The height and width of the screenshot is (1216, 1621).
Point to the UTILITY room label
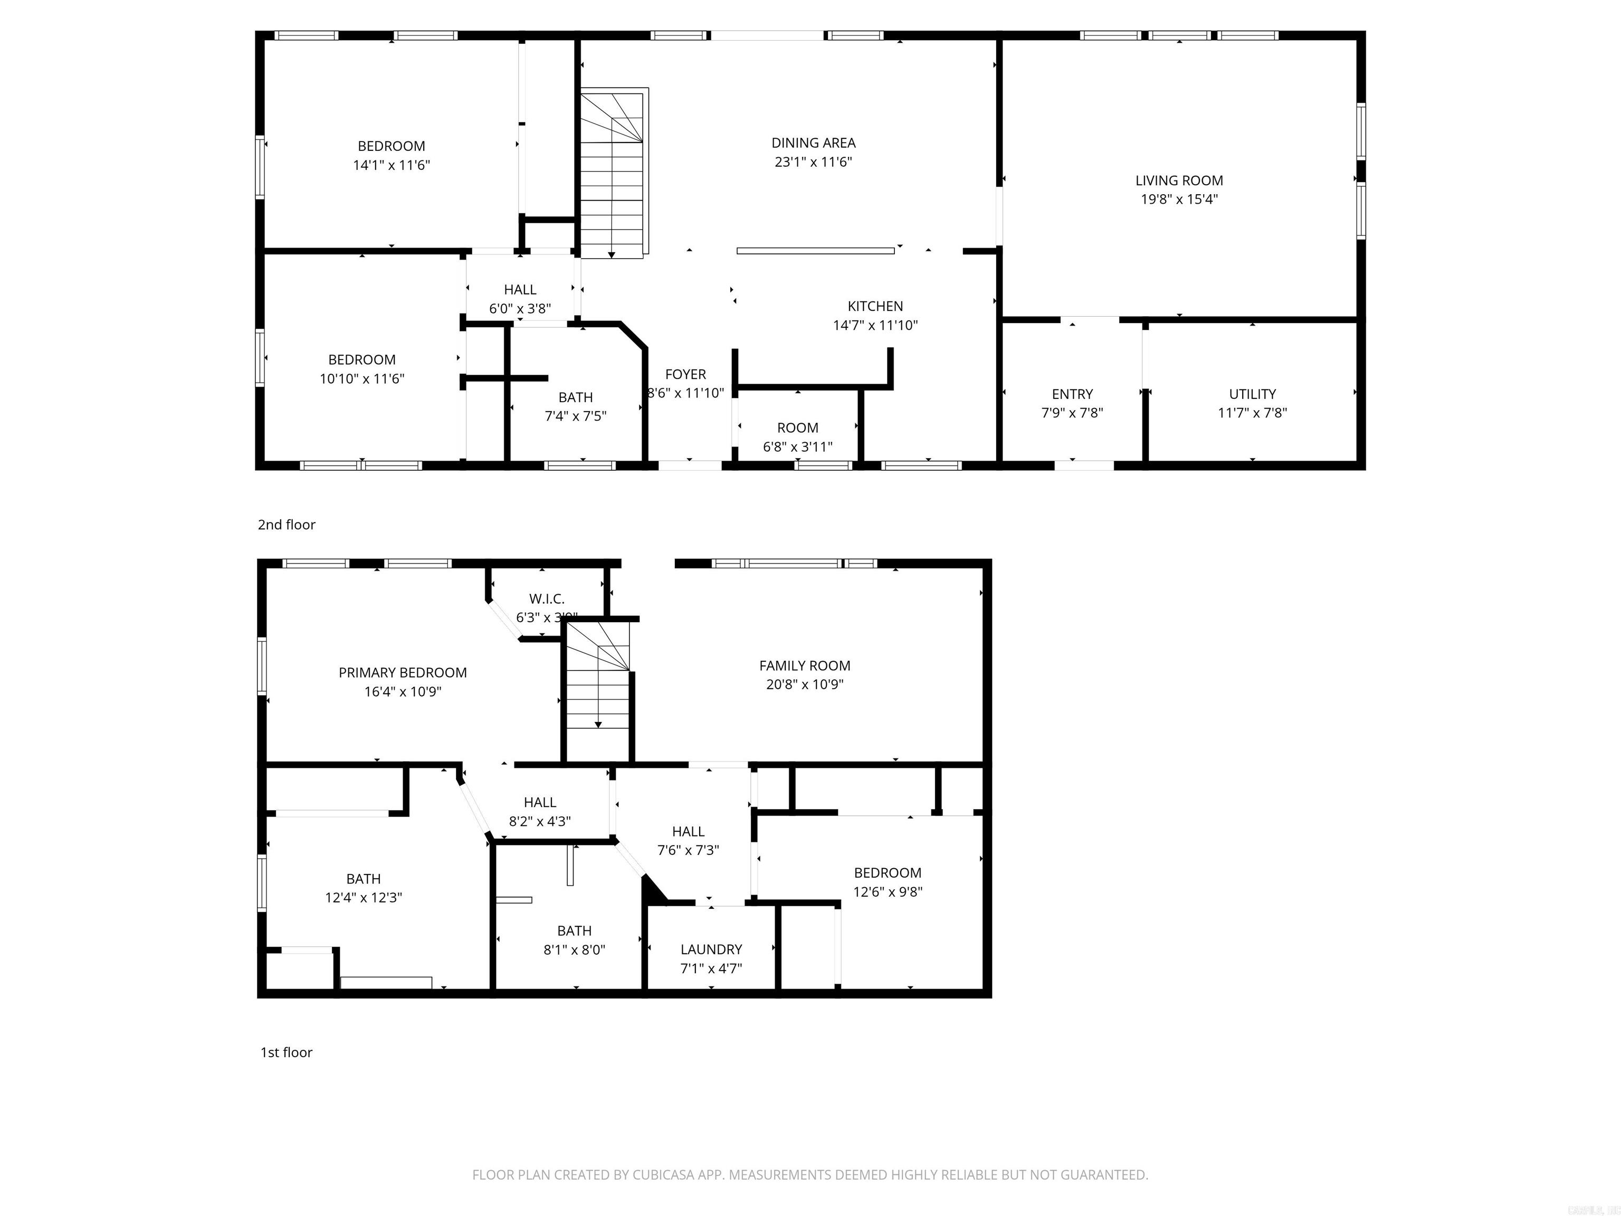1252,394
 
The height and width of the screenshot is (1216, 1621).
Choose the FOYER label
685,375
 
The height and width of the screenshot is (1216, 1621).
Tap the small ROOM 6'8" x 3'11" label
797,428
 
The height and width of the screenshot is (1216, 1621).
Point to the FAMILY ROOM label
804,666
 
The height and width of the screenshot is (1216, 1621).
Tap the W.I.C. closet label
547,600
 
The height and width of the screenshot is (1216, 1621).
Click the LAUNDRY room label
711,949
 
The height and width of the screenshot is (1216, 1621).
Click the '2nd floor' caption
287,525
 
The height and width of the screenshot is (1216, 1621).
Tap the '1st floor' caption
287,1052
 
